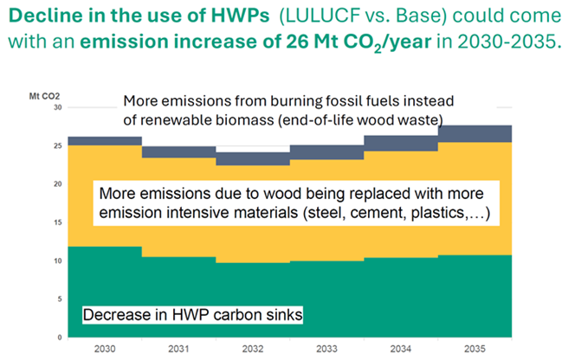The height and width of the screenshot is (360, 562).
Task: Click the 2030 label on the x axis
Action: pyautogui.click(x=105, y=349)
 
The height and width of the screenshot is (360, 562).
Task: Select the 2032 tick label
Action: pyautogui.click(x=253, y=349)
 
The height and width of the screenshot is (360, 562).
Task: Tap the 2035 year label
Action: pyautogui.click(x=475, y=349)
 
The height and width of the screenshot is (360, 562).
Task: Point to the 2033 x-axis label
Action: pyautogui.click(x=326, y=349)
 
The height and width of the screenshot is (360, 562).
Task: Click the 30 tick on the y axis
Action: pyautogui.click(x=58, y=107)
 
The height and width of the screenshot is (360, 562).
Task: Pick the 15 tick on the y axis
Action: pyautogui.click(x=58, y=222)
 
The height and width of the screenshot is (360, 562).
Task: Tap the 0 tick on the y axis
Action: pyautogui.click(x=60, y=337)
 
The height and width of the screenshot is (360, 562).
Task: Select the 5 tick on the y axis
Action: pyautogui.click(x=60, y=299)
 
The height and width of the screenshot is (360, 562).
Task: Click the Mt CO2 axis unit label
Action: pyautogui.click(x=44, y=96)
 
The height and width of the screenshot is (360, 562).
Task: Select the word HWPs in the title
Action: pyautogui.click(x=240, y=16)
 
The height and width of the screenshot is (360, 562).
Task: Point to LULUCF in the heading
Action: pyautogui.click(x=314, y=16)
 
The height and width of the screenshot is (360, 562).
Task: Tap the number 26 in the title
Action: pyautogui.click(x=297, y=42)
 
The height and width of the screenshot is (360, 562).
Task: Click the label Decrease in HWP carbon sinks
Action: pyautogui.click(x=192, y=315)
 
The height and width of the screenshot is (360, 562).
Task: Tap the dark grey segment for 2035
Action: pyautogui.click(x=475, y=134)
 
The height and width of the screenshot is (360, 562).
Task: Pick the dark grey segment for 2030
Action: pyautogui.click(x=105, y=141)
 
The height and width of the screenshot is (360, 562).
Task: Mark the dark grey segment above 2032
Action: pyautogui.click(x=253, y=158)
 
